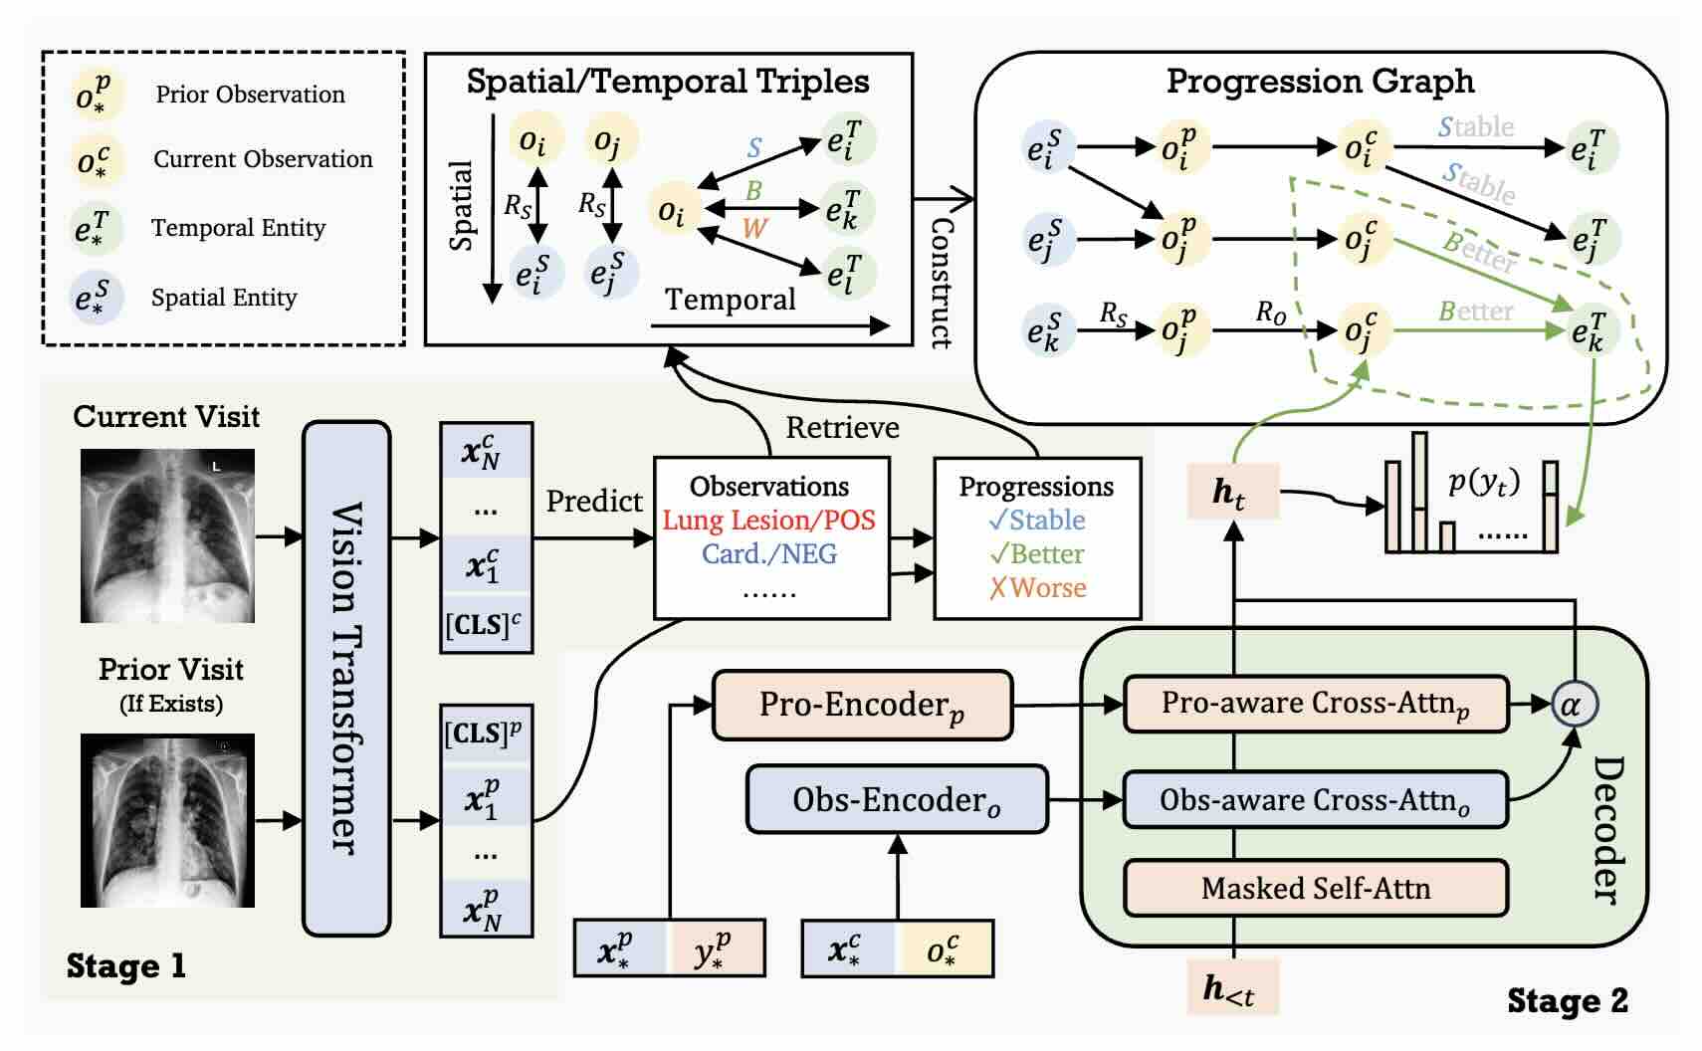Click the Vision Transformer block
[x=345, y=678]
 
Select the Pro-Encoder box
[x=862, y=705]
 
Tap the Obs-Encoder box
[x=897, y=799]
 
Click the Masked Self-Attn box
[x=1315, y=888]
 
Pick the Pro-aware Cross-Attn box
[x=1315, y=704]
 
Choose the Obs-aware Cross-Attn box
[x=1315, y=799]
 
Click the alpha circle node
[x=1573, y=705]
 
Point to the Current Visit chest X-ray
[x=167, y=535]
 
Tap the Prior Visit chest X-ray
[x=167, y=820]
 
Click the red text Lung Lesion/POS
[x=768, y=521]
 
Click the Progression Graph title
[x=1320, y=82]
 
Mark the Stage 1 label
[x=126, y=965]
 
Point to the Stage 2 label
[x=1567, y=1000]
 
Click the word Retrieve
[x=842, y=428]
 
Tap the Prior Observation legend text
[x=251, y=95]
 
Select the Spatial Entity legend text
[x=224, y=298]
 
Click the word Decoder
[x=1605, y=829]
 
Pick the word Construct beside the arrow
[x=941, y=283]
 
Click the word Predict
[x=594, y=501]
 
